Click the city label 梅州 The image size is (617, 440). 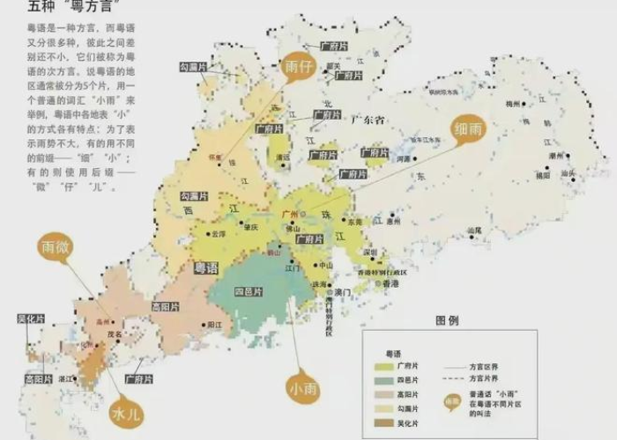coord(514,104)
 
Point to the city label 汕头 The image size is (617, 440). coord(569,173)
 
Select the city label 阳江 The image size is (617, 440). coord(213,324)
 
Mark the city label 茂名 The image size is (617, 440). coord(114,334)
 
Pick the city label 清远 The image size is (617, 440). coord(283,158)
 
